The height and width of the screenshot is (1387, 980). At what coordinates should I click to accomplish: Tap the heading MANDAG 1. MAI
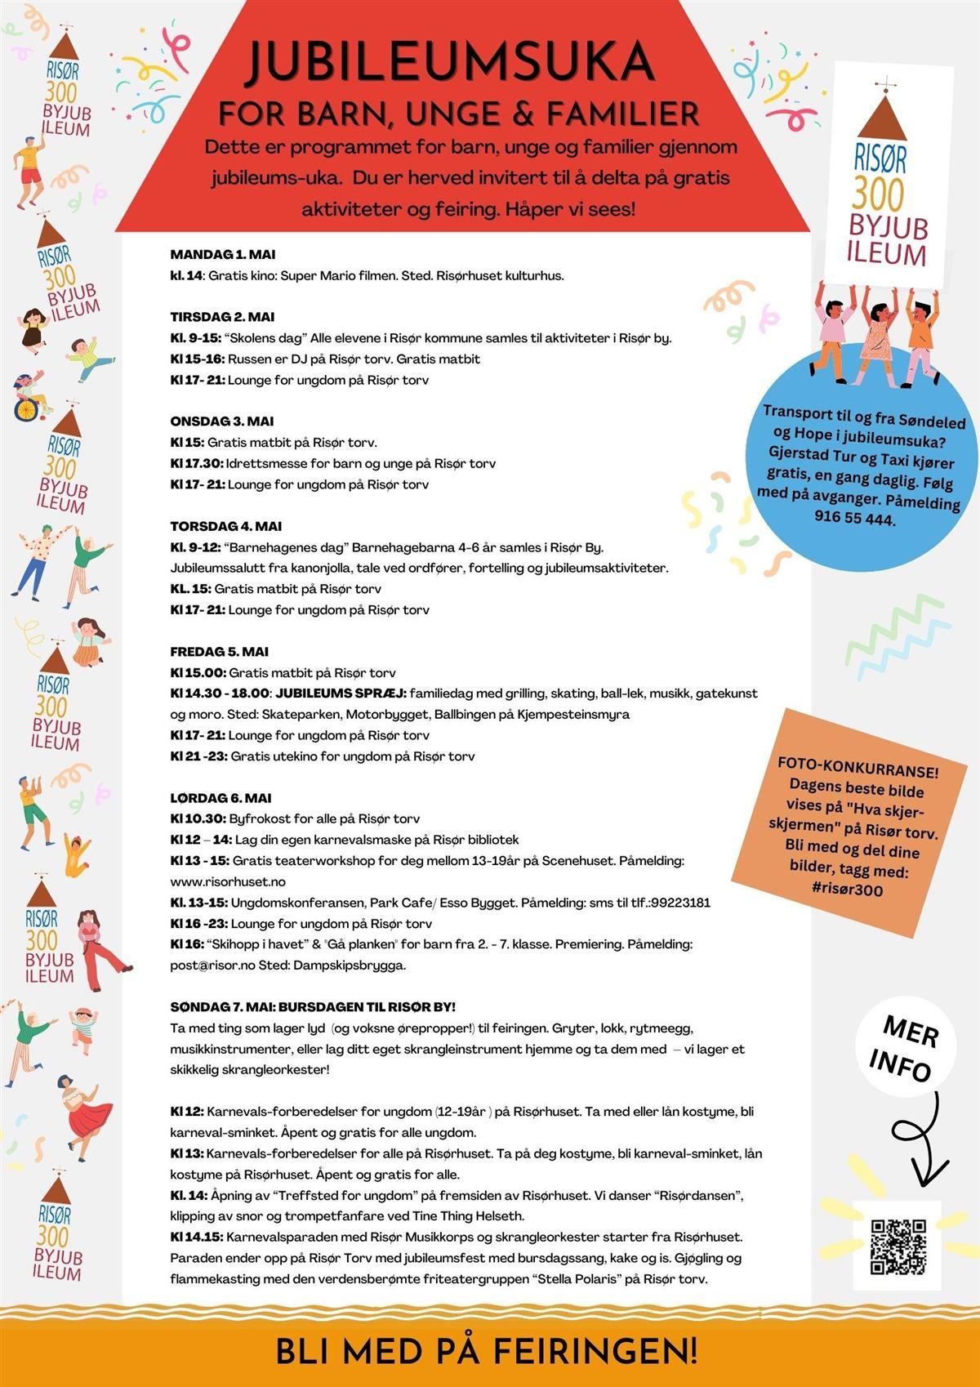tap(223, 255)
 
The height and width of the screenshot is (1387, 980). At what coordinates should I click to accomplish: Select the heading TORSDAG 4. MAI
tap(226, 526)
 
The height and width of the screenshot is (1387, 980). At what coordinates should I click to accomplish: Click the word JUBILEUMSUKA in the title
tap(451, 62)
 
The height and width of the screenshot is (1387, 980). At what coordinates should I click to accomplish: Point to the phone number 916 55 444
tap(854, 518)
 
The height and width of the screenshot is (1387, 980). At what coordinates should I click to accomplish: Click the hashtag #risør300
tap(848, 890)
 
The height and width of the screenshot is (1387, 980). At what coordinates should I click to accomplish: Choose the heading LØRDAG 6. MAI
tap(220, 798)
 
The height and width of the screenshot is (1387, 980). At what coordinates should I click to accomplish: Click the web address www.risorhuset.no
tap(228, 882)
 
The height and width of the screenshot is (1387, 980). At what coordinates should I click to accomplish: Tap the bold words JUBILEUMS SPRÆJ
tap(341, 693)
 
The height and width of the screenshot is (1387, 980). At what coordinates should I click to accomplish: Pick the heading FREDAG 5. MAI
tap(220, 652)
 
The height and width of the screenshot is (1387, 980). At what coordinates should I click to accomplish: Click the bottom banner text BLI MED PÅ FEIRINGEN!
tap(487, 1350)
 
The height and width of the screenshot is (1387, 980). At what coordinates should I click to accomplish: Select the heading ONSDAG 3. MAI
tap(222, 421)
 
